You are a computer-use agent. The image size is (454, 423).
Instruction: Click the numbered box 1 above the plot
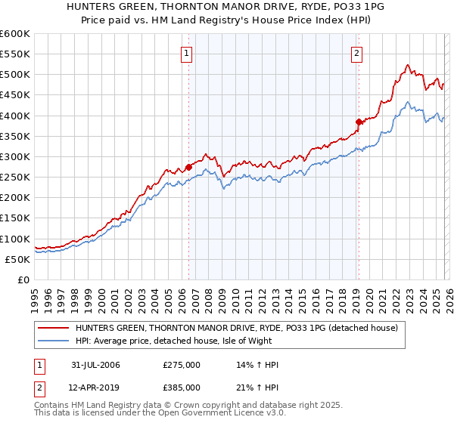click(x=187, y=53)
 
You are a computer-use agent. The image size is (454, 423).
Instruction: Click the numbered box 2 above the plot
click(x=356, y=53)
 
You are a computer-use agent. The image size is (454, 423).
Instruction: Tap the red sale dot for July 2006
click(x=188, y=168)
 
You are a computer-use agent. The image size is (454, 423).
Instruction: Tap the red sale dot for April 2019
click(x=358, y=122)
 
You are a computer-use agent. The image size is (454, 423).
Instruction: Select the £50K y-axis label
click(x=18, y=259)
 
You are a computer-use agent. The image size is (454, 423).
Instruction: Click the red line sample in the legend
click(x=54, y=328)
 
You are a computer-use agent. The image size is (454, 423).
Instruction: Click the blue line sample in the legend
click(x=54, y=340)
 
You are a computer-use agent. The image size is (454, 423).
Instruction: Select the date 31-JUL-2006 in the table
click(x=95, y=365)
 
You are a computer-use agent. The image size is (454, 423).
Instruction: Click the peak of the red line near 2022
click(x=407, y=65)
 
